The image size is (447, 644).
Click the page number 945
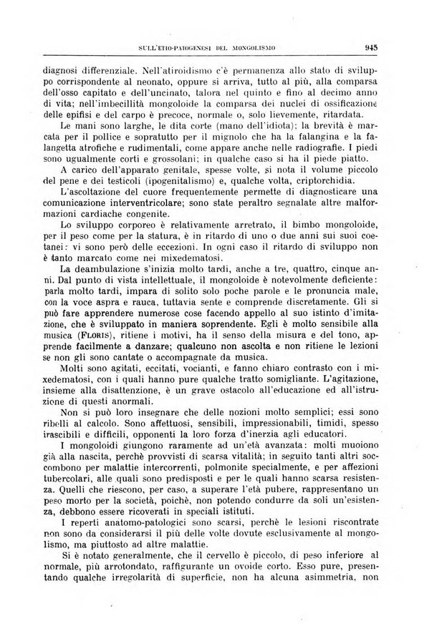370,49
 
